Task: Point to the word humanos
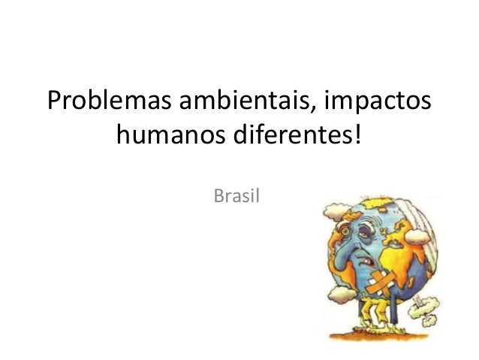click(166, 137)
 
